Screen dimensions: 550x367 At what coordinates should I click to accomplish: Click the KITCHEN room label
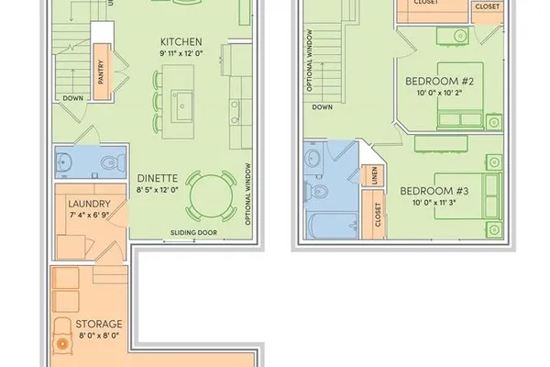[181, 42]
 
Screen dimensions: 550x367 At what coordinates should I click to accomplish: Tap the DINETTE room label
[157, 178]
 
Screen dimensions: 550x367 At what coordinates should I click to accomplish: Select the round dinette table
[211, 196]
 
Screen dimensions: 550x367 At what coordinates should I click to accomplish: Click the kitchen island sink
[181, 105]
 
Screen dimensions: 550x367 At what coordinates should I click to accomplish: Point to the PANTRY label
[101, 72]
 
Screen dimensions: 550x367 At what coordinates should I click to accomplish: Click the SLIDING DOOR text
[193, 232]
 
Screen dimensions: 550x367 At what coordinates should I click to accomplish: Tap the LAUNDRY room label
[89, 204]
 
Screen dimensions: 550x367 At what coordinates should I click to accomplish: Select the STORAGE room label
[99, 324]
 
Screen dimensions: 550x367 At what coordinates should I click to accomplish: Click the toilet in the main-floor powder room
[113, 162]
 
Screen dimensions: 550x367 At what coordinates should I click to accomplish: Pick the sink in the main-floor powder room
[63, 162]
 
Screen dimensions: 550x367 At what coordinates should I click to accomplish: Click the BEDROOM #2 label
[439, 82]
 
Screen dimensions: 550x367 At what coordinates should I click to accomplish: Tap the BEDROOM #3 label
[434, 191]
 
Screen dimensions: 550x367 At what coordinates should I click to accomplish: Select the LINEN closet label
[374, 175]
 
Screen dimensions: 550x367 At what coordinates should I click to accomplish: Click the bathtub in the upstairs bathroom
[332, 226]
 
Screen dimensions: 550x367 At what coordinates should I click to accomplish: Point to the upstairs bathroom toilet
[316, 192]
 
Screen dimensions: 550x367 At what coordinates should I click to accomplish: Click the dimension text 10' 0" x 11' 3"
[434, 203]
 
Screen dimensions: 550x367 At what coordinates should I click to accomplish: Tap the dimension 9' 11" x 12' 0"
[181, 53]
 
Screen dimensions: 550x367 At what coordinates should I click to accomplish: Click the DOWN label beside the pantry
[73, 98]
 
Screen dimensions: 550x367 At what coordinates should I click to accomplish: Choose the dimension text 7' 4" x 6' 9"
[89, 215]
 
